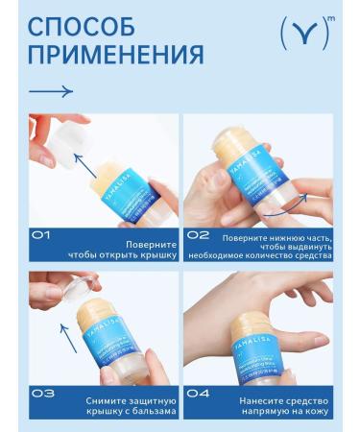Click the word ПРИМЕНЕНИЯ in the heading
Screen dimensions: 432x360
click(x=115, y=54)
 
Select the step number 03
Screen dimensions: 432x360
click(x=42, y=392)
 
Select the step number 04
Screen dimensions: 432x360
click(x=198, y=392)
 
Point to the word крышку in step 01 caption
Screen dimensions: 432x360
click(x=156, y=255)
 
